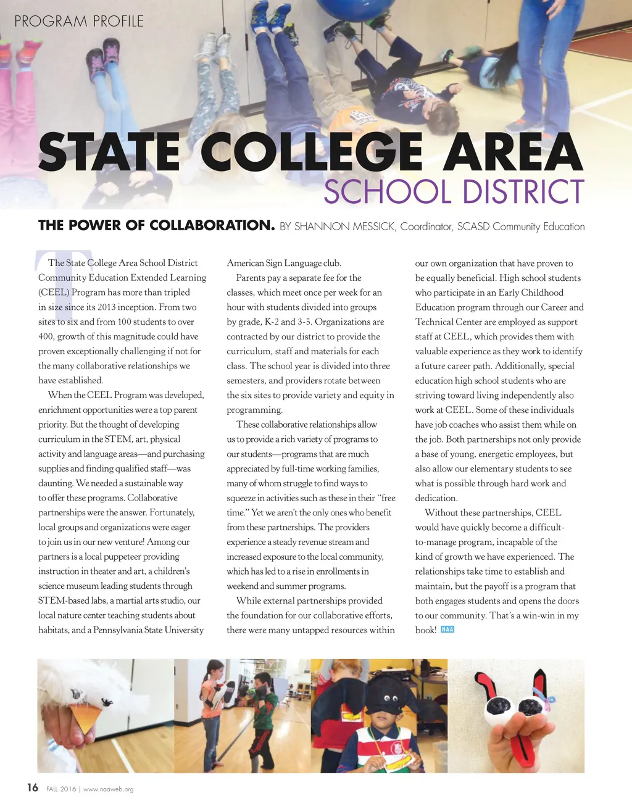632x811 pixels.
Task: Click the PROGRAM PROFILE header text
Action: [x=79, y=21]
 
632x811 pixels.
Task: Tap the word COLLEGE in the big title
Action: [x=311, y=152]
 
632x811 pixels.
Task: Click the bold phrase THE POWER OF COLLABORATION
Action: [x=156, y=225]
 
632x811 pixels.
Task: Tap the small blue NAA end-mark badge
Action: [x=447, y=630]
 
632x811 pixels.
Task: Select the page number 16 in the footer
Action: [x=33, y=788]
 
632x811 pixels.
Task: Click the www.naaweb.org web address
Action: [x=108, y=789]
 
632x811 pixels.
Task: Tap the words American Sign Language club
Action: [x=284, y=263]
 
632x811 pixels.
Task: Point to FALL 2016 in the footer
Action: [x=61, y=789]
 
